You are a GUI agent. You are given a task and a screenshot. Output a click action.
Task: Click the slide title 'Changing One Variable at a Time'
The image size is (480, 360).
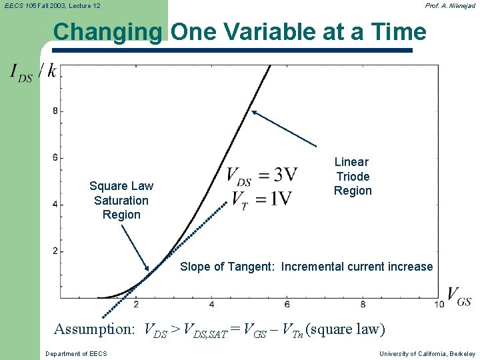click(x=239, y=31)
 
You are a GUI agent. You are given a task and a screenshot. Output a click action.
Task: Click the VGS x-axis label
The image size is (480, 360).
click(x=459, y=297)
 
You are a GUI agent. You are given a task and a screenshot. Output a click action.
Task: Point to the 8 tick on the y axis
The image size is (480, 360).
click(x=55, y=111)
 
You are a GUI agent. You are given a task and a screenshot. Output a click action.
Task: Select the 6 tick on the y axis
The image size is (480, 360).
click(x=55, y=157)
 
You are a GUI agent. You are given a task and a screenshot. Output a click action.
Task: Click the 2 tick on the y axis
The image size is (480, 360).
click(x=55, y=251)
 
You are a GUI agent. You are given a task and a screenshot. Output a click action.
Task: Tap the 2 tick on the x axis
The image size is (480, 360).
click(x=136, y=305)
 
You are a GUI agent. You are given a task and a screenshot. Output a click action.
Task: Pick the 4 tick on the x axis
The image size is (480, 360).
click(x=211, y=305)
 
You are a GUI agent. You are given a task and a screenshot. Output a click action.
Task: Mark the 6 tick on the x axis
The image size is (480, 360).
click(x=287, y=305)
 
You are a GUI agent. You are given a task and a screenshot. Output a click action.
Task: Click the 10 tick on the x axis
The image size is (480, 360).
click(x=439, y=305)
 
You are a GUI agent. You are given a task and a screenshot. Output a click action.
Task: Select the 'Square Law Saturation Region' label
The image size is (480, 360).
click(x=121, y=200)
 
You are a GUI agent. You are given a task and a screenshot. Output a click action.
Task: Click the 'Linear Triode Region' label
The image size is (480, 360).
click(x=352, y=176)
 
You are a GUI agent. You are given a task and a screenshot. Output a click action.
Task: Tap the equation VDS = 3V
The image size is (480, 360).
click(x=261, y=175)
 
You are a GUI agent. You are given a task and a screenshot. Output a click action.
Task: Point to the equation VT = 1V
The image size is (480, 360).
click(x=261, y=199)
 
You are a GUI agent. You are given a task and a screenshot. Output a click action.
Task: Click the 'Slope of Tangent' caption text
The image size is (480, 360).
click(x=306, y=267)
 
